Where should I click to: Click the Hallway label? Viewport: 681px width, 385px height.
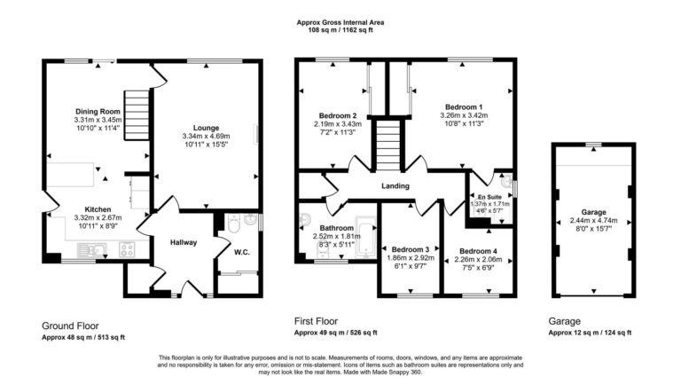[x=184, y=242]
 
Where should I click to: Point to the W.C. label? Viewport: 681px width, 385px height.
[x=241, y=251]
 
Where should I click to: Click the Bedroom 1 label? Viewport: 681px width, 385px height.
[x=463, y=106]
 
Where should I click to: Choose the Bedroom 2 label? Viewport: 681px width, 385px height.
[x=338, y=115]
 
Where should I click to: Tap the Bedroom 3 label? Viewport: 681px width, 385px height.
[x=411, y=248]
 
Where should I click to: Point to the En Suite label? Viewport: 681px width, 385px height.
[x=489, y=196]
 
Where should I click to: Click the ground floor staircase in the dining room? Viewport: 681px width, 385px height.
[x=136, y=109]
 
